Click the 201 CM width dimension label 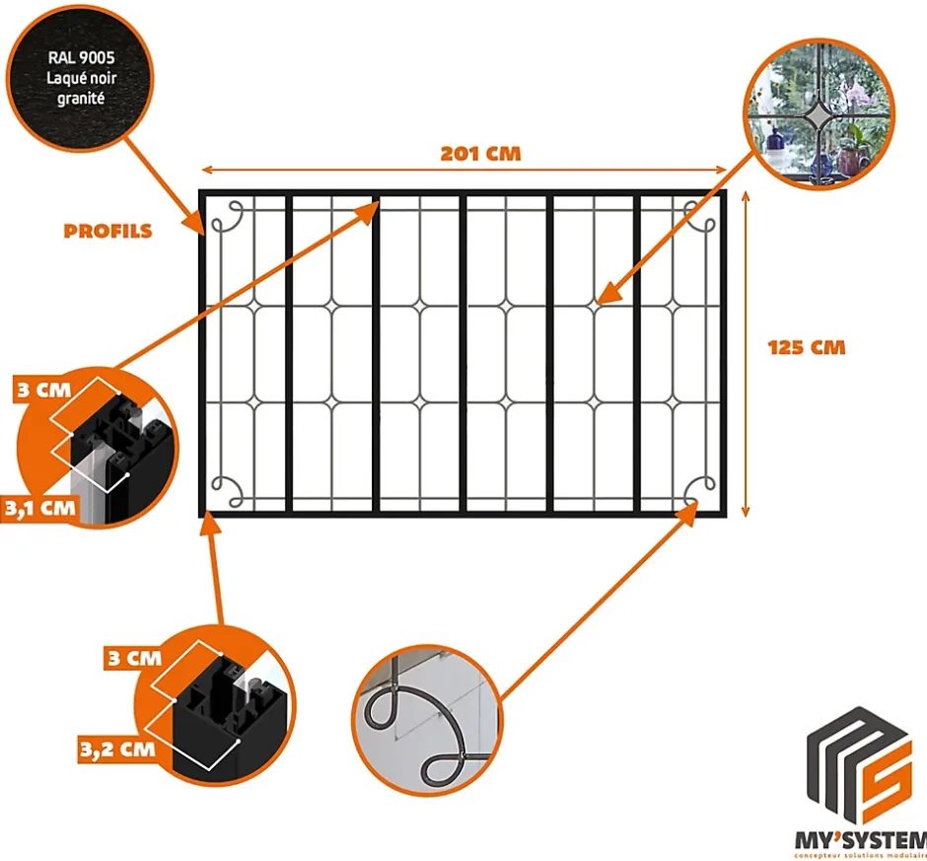point(479,154)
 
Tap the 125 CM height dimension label point(806,347)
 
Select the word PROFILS point(107,232)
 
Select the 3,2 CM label point(116,749)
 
